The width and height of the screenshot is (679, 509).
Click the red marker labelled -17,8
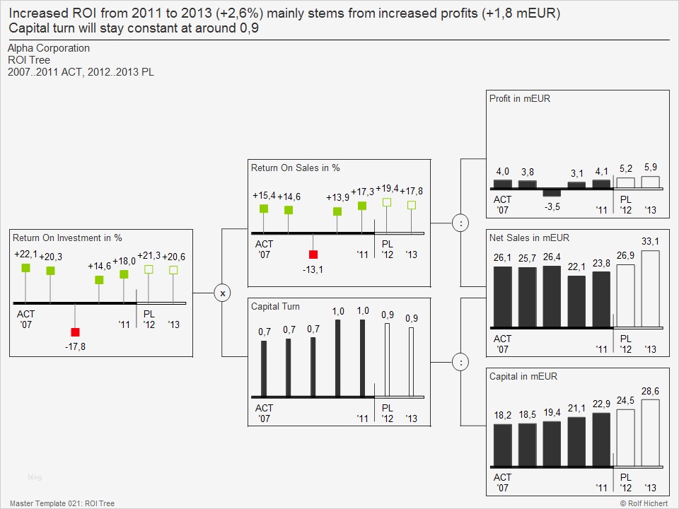[x=75, y=332]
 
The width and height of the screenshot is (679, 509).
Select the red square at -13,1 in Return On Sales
[x=313, y=255]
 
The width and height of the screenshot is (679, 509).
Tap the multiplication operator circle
[x=222, y=293]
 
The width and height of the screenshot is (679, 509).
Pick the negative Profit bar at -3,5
[x=552, y=193]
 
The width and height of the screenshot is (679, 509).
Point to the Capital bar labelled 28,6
[x=650, y=433]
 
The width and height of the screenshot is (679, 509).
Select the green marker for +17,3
[x=362, y=206]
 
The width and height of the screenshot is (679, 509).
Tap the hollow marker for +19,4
[x=387, y=202]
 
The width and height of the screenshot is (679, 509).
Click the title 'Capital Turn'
[x=275, y=307]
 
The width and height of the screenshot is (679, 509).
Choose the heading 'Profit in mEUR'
[x=520, y=99]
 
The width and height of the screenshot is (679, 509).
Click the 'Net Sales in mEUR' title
[x=529, y=238]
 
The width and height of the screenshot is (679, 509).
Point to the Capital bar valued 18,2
[x=502, y=445]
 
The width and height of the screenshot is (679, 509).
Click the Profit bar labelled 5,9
[x=650, y=182]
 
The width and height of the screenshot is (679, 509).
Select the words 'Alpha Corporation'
[x=49, y=48]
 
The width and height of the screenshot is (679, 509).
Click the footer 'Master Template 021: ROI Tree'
[x=62, y=503]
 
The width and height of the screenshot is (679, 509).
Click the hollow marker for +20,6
[x=173, y=270]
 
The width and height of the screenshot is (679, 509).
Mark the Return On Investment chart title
[x=67, y=238]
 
